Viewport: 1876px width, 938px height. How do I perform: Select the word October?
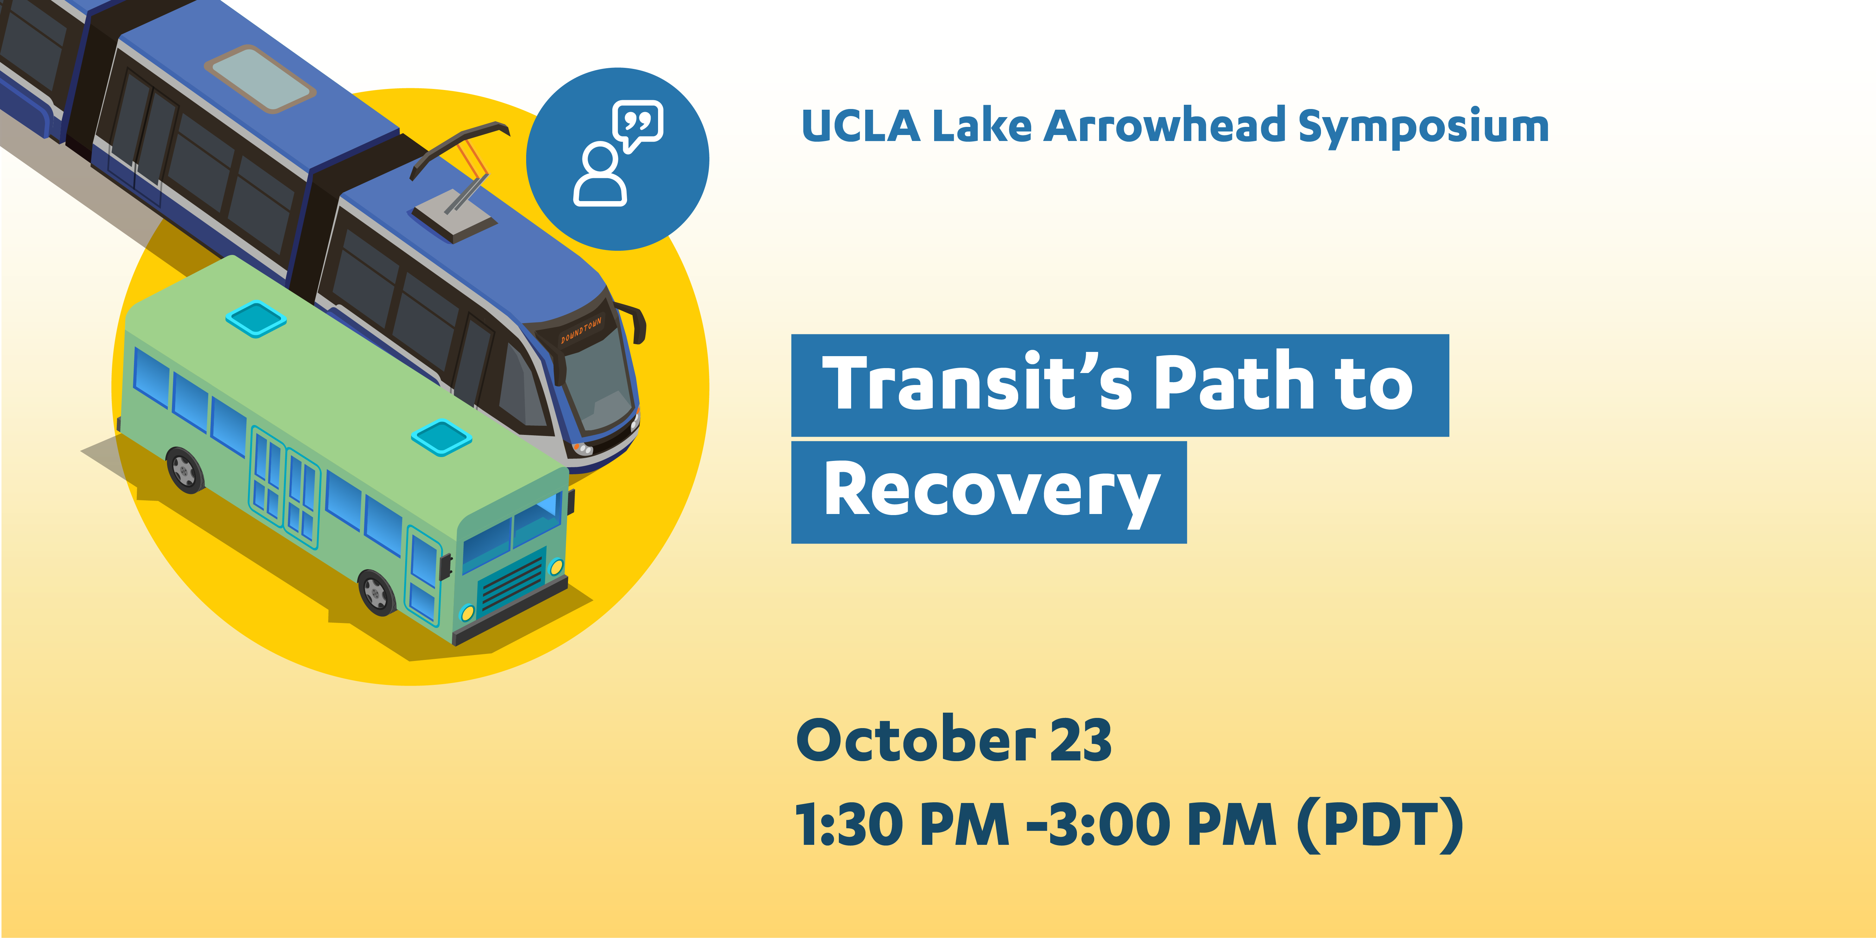pos(915,740)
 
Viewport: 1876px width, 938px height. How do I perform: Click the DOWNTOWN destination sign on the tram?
pos(581,330)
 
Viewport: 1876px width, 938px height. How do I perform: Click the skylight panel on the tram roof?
pos(260,79)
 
